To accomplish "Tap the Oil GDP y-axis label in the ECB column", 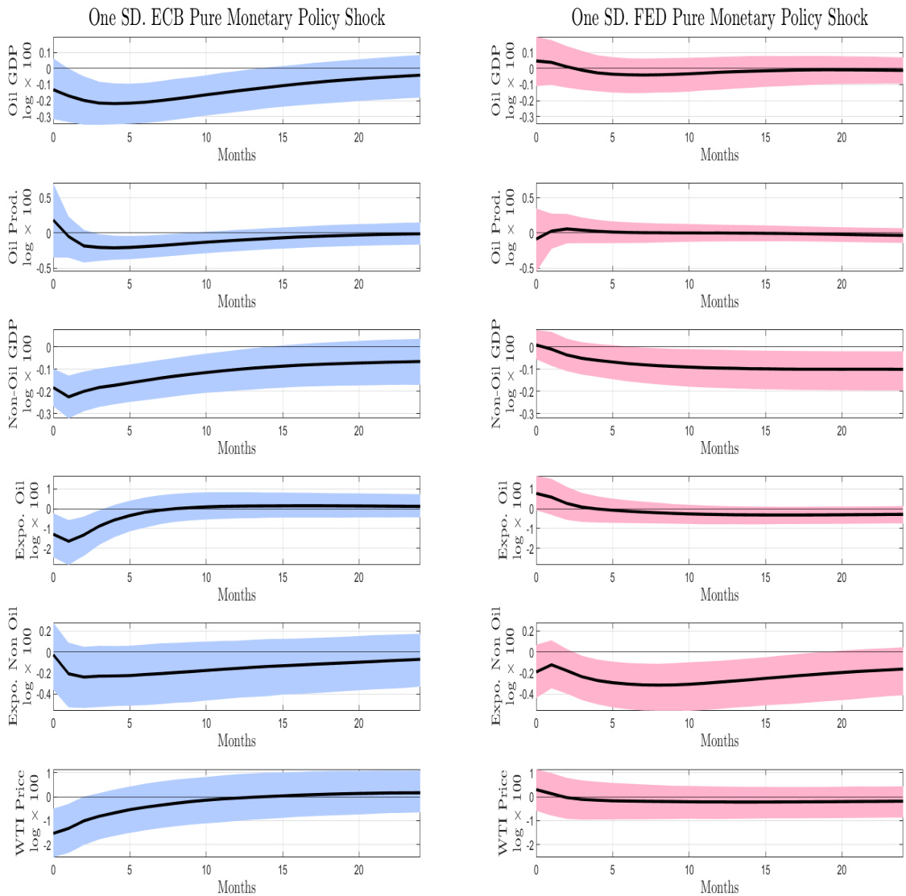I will (20, 80).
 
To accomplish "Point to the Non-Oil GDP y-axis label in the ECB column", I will (20, 373).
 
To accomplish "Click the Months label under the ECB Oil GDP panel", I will (237, 155).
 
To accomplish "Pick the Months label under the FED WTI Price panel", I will (719, 887).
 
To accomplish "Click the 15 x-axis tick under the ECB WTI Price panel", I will (283, 869).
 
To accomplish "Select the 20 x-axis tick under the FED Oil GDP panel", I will (842, 138).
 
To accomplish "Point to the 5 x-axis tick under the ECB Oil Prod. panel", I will (130, 284).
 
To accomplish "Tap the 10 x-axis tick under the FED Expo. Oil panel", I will (689, 577).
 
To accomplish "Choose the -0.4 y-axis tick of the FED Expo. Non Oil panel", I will (524, 694).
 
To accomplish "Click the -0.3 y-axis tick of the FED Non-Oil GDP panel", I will (524, 414).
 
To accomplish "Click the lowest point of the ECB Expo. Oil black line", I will (68, 541).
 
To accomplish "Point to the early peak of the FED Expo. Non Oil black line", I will (552, 665).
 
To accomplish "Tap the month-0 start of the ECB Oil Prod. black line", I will (54, 221).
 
